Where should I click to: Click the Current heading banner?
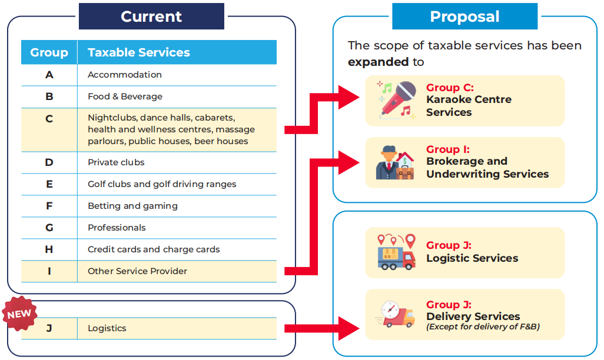click(151, 16)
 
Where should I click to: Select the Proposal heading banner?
click(464, 16)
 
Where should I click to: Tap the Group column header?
click(49, 52)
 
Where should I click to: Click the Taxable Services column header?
click(139, 52)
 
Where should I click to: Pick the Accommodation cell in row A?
click(125, 75)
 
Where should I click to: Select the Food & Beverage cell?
click(125, 96)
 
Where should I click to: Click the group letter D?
click(49, 162)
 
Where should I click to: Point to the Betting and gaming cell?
click(132, 206)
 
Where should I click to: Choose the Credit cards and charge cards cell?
click(154, 249)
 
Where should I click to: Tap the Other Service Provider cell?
click(137, 271)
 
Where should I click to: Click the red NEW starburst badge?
click(19, 314)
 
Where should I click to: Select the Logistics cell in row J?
click(107, 328)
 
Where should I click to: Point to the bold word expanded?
click(378, 62)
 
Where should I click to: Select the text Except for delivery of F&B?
click(483, 327)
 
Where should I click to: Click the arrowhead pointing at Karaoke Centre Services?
click(350, 97)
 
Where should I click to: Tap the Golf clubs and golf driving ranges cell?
click(162, 184)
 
